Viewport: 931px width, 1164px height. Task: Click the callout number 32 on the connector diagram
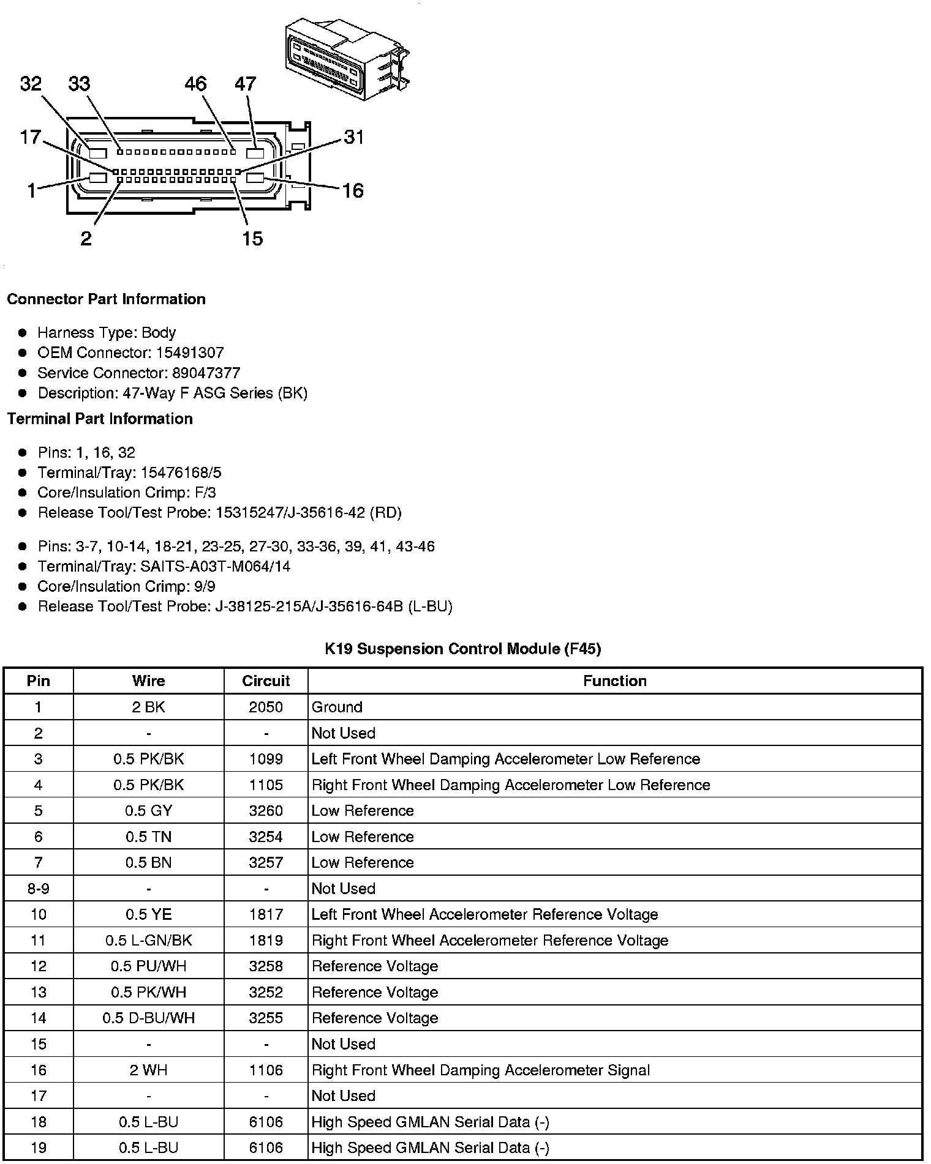[31, 83]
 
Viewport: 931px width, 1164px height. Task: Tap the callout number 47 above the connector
[245, 83]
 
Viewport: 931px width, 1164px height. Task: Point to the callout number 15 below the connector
[252, 238]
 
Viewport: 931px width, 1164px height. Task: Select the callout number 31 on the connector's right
[354, 137]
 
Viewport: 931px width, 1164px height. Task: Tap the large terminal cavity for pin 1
[98, 178]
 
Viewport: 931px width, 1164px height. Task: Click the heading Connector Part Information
[106, 299]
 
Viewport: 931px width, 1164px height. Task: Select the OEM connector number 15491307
[189, 353]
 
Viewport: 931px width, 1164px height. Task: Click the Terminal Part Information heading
[100, 419]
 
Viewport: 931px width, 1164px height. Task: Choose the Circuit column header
[266, 681]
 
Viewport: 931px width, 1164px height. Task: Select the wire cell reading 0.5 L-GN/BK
[149, 941]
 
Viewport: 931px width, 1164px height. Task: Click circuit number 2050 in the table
[266, 707]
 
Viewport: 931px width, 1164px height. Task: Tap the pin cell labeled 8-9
[39, 889]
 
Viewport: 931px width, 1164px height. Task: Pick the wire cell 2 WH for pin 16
[149, 1070]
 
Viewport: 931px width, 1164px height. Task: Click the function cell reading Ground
[337, 707]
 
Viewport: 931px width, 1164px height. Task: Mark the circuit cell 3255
[266, 1018]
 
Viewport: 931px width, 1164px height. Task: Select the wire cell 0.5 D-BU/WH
[149, 1018]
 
